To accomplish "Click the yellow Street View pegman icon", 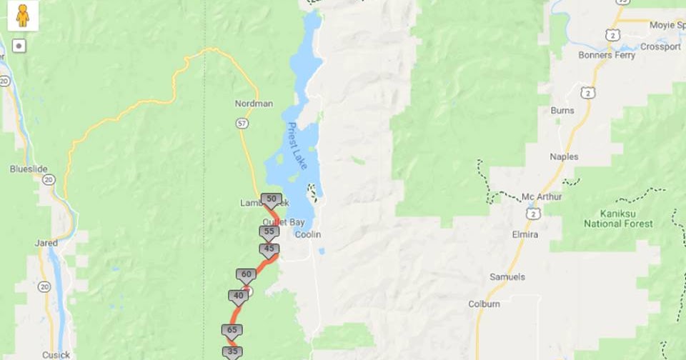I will tap(23, 16).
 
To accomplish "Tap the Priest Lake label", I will tap(297, 146).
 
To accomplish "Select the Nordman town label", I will tap(254, 104).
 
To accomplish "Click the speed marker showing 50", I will tap(271, 199).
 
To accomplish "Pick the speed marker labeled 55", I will tap(269, 232).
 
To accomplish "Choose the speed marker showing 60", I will tap(247, 274).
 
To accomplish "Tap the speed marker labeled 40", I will tap(239, 296).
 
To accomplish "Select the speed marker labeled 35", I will tap(232, 351).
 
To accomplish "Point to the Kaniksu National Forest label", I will tap(618, 218).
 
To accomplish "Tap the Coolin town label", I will tap(308, 235).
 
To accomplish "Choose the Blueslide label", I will tap(29, 169).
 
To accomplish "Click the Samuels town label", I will tap(507, 276).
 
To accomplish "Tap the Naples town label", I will tap(564, 156).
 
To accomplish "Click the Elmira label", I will tap(525, 234).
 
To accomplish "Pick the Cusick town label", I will tap(56, 354).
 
